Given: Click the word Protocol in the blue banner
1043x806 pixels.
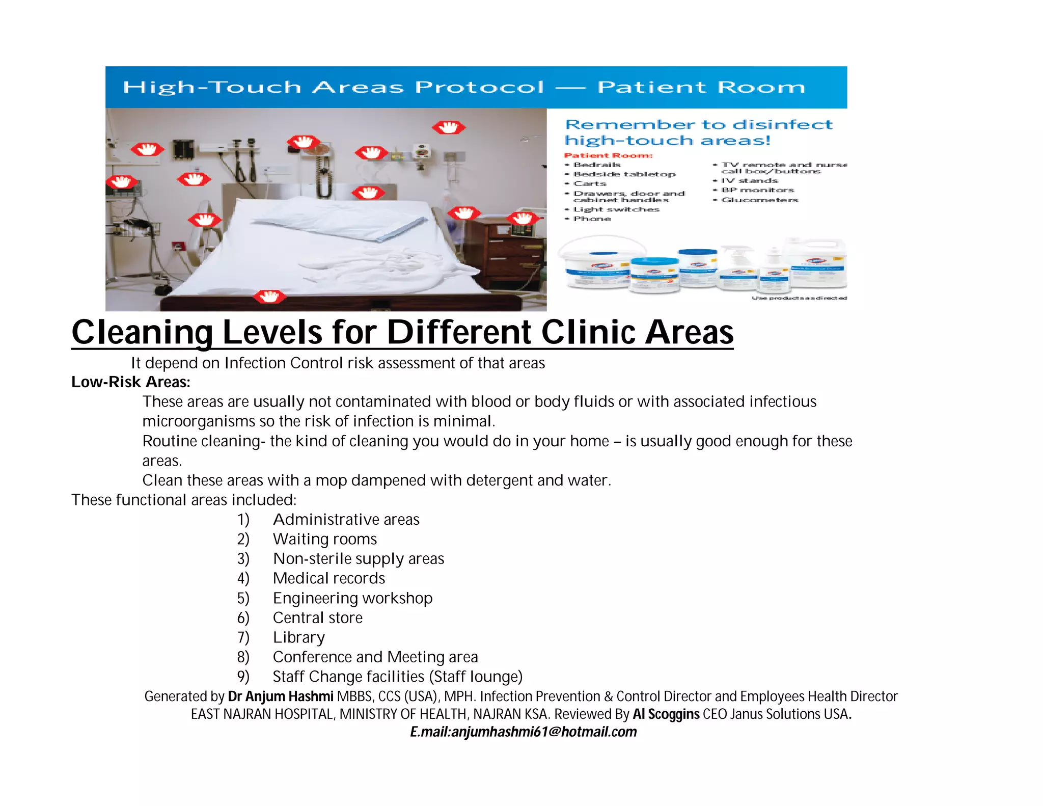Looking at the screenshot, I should [479, 87].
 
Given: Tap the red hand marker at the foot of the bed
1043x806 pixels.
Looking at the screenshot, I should [269, 295].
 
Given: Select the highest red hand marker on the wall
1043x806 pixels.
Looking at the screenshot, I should [449, 127].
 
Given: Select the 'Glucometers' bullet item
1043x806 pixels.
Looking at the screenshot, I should [759, 200].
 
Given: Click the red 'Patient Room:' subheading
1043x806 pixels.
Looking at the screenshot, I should [608, 155].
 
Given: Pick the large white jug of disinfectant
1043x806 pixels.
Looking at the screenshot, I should [815, 265].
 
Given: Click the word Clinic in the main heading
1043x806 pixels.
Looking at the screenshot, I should [588, 332].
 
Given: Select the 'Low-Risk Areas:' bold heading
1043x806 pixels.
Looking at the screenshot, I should [131, 382].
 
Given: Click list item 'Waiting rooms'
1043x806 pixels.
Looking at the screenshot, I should [325, 539].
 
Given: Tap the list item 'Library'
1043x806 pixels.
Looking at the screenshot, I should [299, 637].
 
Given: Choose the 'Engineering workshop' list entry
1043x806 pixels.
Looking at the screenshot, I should [352, 598].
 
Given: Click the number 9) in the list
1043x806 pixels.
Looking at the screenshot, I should [243, 677].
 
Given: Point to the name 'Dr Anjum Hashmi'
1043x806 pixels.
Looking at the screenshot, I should [281, 696].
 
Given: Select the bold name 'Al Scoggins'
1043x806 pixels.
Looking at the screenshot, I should [666, 714].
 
